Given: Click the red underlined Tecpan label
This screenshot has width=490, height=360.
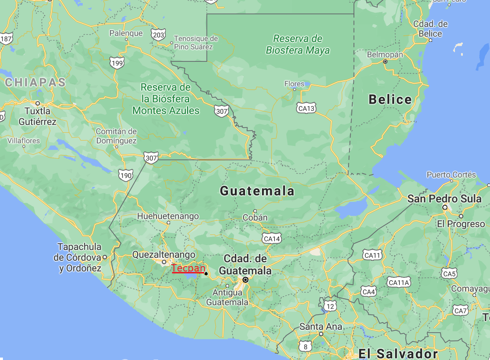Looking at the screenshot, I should tap(188, 268).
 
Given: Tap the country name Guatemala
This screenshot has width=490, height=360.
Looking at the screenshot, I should tap(257, 191).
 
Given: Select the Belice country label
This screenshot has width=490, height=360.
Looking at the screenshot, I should tap(390, 100).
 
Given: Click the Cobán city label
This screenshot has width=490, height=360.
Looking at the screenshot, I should tap(255, 217).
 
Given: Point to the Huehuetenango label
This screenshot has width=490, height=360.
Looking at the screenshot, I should tap(168, 216).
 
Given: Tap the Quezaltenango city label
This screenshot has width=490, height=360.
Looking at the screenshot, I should tap(164, 254).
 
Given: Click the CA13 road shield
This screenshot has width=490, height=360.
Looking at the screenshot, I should tap(306, 108).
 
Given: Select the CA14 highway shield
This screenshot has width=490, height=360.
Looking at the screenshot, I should tap(271, 238).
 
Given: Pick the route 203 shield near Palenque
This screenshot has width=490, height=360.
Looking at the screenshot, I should tap(158, 35).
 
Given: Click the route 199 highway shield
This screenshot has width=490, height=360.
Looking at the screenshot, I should tap(117, 62).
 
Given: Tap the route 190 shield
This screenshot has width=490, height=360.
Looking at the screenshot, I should tap(125, 175).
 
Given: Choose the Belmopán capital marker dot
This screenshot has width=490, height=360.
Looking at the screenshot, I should tap(385, 62).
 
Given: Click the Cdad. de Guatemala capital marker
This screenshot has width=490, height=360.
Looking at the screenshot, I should tap(246, 280).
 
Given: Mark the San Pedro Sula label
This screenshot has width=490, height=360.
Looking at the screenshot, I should tap(444, 198).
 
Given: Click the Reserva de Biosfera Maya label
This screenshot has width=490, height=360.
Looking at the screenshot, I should tap(297, 44).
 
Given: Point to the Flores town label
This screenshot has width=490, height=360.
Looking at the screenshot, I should tap(294, 84).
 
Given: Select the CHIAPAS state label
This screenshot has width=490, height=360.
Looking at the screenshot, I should tap(35, 83).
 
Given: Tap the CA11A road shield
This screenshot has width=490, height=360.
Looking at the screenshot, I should tap(399, 282).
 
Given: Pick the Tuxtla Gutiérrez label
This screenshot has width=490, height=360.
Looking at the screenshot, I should tap(37, 116).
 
